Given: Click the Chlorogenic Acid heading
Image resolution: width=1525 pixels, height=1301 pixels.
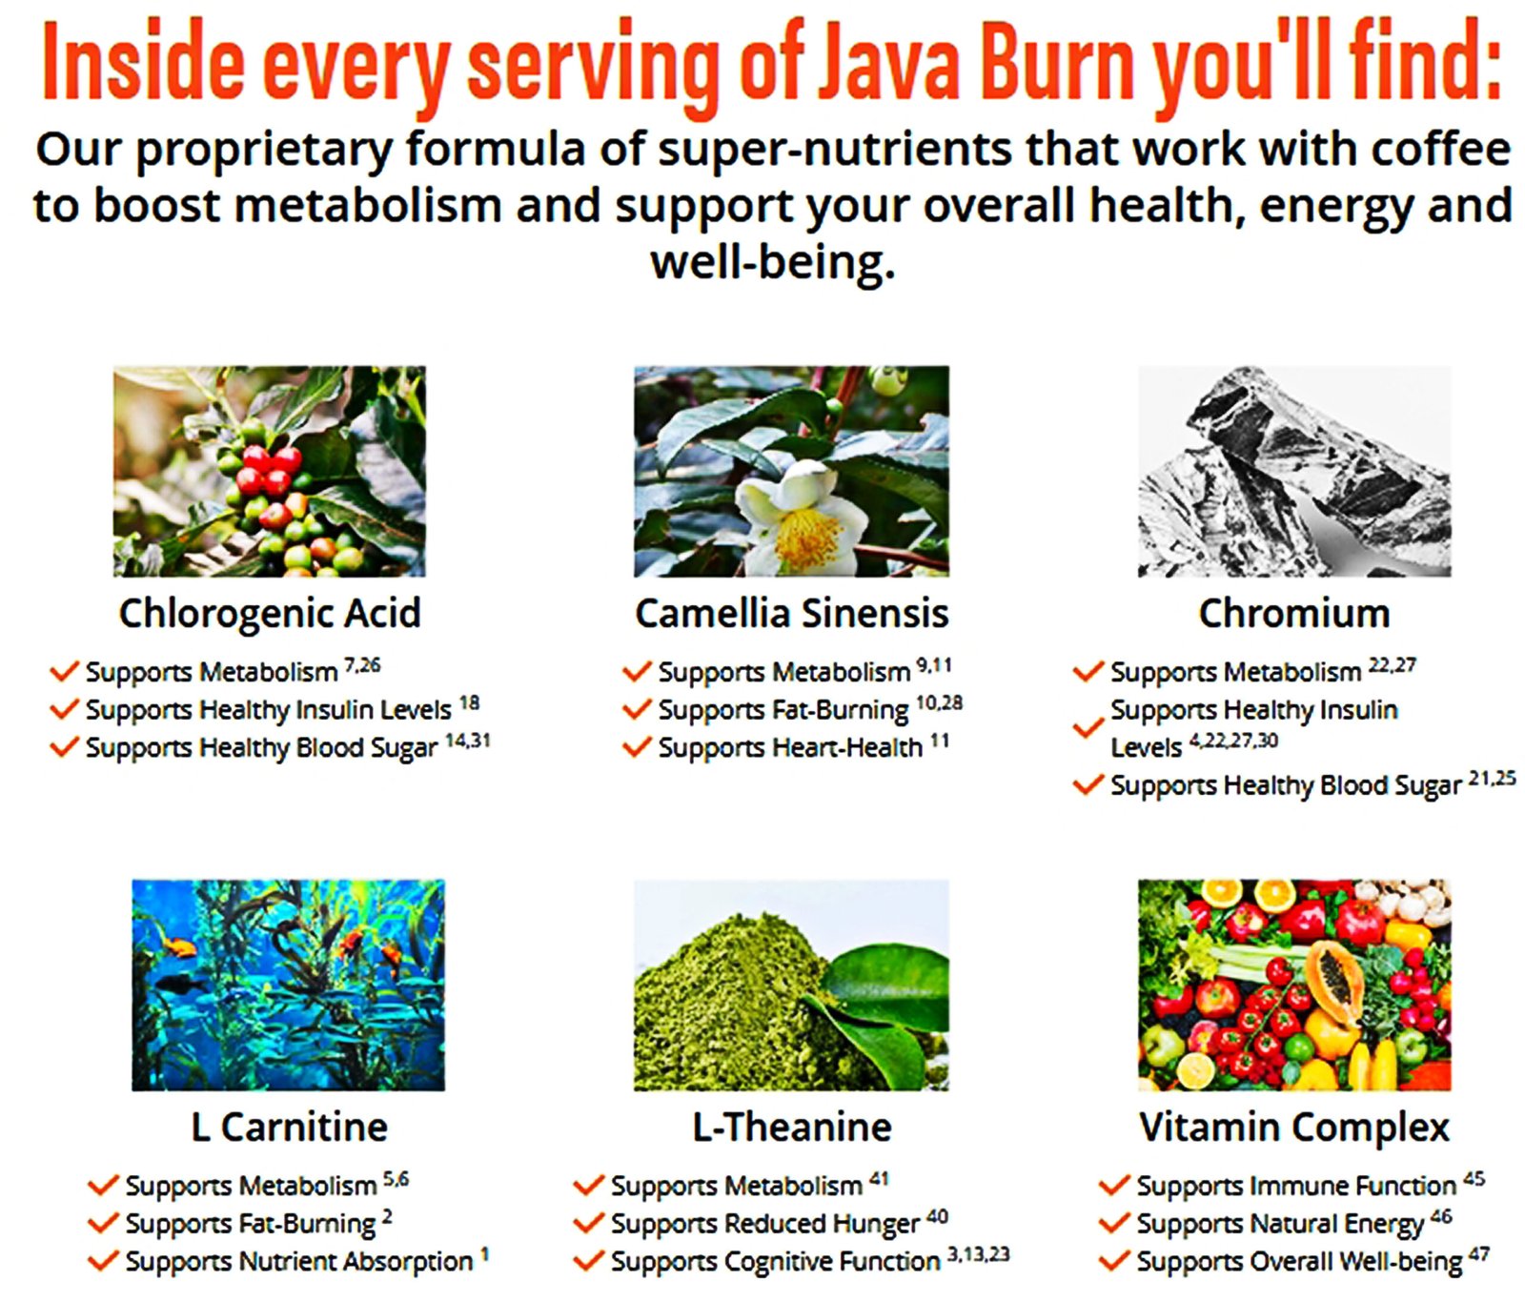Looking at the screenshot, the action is pyautogui.click(x=270, y=614).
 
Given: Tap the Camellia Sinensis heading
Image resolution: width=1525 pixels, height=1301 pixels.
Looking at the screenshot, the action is pyautogui.click(x=792, y=613).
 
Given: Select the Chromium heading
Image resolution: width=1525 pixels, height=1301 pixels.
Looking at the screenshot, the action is pyautogui.click(x=1294, y=613).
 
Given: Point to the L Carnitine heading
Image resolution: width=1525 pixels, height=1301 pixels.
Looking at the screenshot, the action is pyautogui.click(x=289, y=1127).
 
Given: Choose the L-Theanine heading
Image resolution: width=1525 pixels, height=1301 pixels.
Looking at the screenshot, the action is pyautogui.click(x=792, y=1127).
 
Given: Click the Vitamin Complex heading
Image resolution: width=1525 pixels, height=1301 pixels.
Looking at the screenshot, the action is pyautogui.click(x=1294, y=1128).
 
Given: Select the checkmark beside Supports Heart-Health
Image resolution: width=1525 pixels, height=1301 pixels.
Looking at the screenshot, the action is pyautogui.click(x=636, y=747).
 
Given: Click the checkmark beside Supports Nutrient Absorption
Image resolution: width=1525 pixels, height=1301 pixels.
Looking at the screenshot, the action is pyautogui.click(x=103, y=1261).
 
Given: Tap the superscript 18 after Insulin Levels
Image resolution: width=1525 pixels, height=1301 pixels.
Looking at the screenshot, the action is pyautogui.click(x=469, y=703).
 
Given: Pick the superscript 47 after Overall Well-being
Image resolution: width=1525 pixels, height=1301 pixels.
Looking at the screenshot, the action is pyautogui.click(x=1478, y=1253).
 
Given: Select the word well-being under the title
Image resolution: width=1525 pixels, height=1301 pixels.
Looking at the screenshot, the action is pyautogui.click(x=773, y=262).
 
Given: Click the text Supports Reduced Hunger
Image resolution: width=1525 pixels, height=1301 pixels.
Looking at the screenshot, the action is pyautogui.click(x=764, y=1224).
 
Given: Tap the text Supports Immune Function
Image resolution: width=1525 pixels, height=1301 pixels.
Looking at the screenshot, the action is pyautogui.click(x=1296, y=1186).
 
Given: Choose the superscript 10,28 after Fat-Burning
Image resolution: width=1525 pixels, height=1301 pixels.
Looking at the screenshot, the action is pyautogui.click(x=939, y=703).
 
